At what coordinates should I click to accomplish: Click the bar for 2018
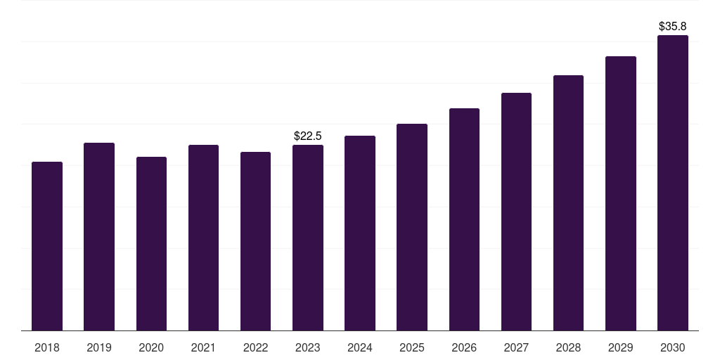click(47, 246)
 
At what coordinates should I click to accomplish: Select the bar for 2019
click(99, 237)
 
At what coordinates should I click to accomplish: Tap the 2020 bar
click(151, 244)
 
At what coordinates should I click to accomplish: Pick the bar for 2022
click(255, 241)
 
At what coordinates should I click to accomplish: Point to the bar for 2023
click(308, 238)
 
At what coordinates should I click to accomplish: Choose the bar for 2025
click(412, 227)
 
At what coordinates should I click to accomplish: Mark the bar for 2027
click(516, 212)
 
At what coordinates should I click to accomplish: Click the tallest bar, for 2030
click(673, 183)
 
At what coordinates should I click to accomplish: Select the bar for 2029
click(621, 193)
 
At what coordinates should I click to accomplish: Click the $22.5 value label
click(308, 136)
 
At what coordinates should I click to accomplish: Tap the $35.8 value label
click(673, 26)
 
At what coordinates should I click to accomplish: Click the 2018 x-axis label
click(47, 348)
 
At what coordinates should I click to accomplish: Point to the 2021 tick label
click(203, 348)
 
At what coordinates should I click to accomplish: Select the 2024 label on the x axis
click(360, 348)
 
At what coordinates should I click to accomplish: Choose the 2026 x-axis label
click(464, 348)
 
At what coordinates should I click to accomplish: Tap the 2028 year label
click(568, 348)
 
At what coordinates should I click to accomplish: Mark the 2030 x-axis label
click(673, 348)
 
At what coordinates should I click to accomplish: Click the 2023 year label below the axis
click(308, 348)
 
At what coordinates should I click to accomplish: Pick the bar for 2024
click(360, 233)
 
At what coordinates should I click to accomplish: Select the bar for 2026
click(464, 219)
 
